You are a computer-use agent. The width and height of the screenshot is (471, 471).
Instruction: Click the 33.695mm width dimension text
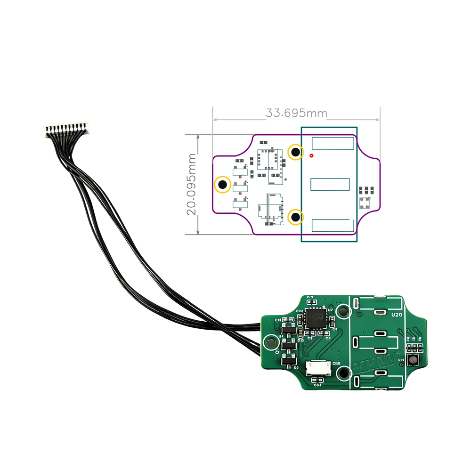296,113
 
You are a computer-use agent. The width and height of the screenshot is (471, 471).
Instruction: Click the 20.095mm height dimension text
192,184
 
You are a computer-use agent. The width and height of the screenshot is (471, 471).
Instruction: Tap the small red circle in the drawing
311,155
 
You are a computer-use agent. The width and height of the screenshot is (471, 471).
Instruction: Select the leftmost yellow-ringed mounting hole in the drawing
222,184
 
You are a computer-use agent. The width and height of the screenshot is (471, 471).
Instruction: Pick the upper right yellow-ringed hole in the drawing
295,152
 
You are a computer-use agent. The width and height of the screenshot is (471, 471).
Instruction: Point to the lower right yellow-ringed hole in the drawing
295,217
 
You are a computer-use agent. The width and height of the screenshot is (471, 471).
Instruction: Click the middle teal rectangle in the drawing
330,184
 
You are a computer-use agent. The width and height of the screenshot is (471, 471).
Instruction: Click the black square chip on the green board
315,318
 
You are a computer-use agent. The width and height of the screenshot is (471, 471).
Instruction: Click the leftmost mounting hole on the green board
272,341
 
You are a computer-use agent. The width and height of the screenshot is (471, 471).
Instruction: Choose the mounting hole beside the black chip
343,310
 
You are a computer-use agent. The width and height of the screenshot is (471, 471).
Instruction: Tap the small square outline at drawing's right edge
364,203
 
